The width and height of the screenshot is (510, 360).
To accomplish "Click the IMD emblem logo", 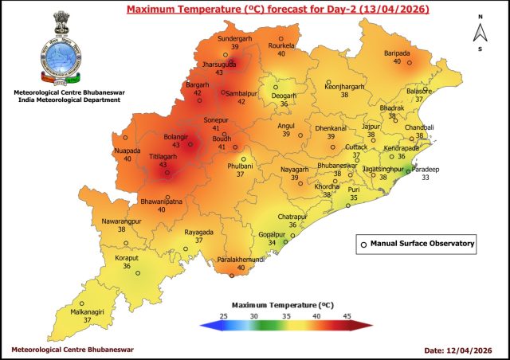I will (x=59, y=48).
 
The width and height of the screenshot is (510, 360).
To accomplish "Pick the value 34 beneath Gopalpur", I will (x=271, y=243).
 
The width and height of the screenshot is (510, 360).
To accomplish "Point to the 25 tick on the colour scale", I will (x=224, y=316).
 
